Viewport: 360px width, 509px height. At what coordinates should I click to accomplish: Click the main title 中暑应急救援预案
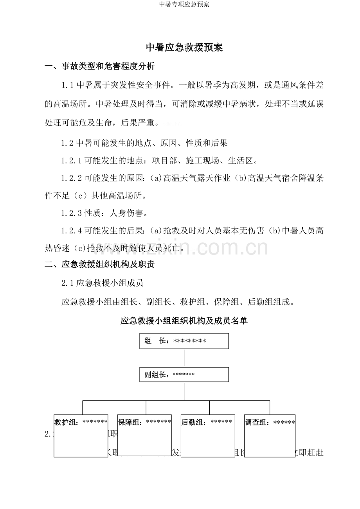[184, 48]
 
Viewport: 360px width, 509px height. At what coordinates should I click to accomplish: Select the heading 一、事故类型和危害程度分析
[100, 66]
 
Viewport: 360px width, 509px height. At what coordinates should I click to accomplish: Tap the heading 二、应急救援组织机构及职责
[100, 265]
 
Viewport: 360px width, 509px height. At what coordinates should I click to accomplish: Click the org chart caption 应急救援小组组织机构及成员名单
[184, 321]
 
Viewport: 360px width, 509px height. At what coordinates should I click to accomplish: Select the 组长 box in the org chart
[184, 341]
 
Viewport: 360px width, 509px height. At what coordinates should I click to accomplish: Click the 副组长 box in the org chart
[184, 375]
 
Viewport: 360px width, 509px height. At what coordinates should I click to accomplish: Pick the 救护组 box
[81, 436]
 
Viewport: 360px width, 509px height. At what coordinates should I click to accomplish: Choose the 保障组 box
[144, 436]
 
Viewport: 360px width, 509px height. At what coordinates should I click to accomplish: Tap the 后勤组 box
[207, 436]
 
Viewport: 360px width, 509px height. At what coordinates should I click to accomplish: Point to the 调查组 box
[270, 436]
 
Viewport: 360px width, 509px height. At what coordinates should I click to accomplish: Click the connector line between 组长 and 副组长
[184, 358]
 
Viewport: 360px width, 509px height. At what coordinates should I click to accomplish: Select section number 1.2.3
[72, 213]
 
